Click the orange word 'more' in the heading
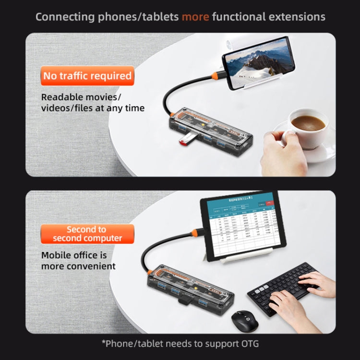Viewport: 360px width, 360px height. [x=195, y=17]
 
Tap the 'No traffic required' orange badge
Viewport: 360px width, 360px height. [x=87, y=76]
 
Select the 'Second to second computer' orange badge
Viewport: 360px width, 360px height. [x=87, y=234]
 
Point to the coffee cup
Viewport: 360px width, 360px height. [x=307, y=126]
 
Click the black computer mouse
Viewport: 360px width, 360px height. [x=244, y=320]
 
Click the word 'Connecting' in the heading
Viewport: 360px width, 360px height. [x=65, y=17]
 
